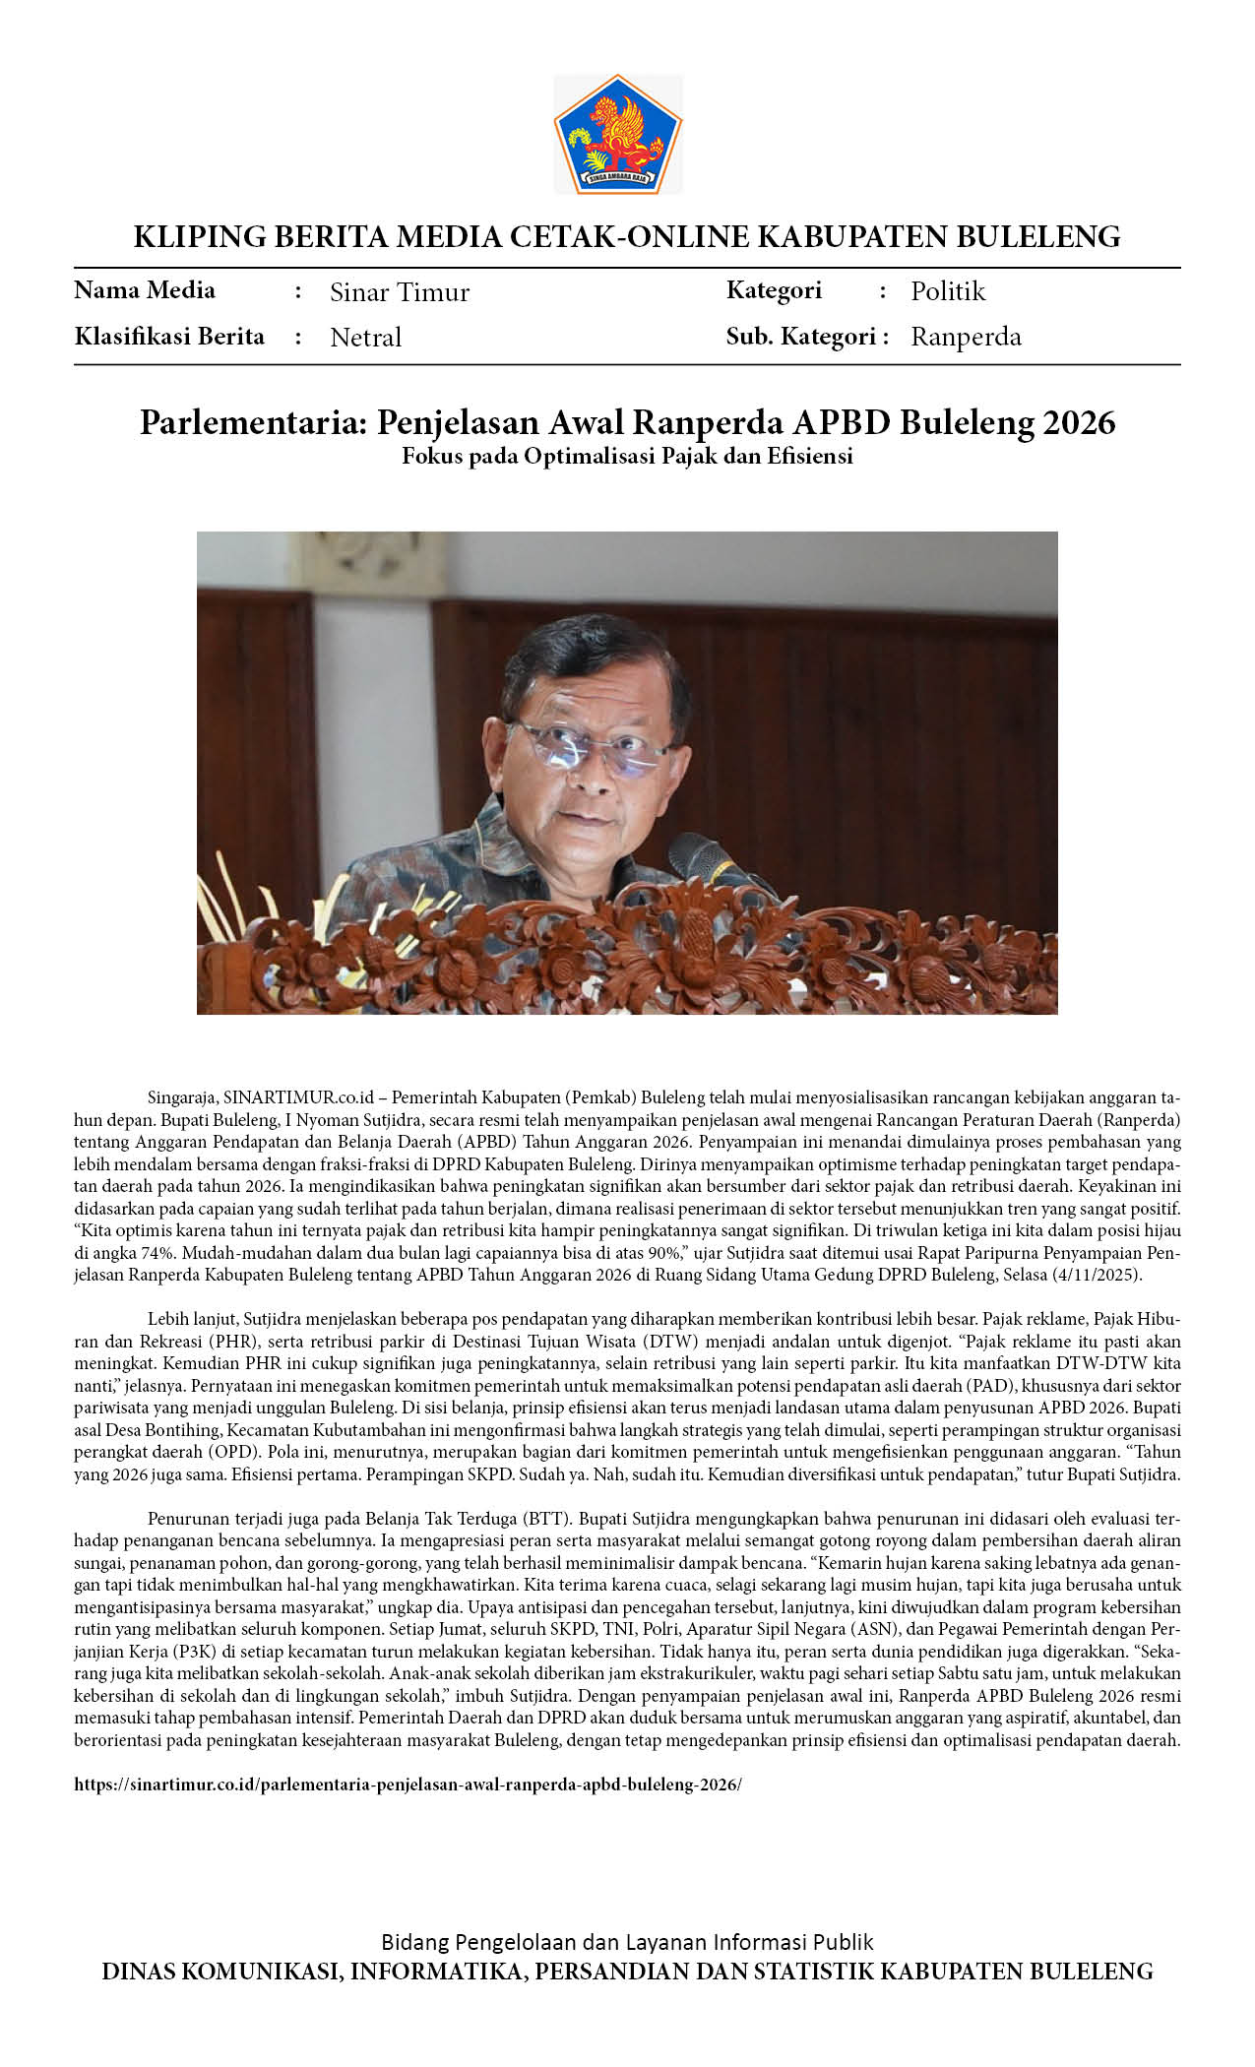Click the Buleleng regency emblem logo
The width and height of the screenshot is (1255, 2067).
[618, 133]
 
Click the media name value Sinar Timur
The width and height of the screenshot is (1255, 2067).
[399, 292]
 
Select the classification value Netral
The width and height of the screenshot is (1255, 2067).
[365, 338]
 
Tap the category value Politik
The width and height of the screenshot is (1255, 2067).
[947, 291]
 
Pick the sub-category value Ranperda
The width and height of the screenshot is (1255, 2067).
[966, 337]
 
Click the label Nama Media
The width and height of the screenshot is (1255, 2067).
[145, 290]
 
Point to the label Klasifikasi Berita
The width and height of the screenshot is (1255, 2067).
[169, 337]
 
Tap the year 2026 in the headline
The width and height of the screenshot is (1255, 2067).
[1079, 422]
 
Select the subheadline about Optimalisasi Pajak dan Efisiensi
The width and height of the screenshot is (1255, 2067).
[627, 457]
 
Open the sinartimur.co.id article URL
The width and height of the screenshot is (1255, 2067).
[408, 1785]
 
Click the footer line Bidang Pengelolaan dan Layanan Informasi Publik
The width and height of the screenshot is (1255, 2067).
[627, 1942]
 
